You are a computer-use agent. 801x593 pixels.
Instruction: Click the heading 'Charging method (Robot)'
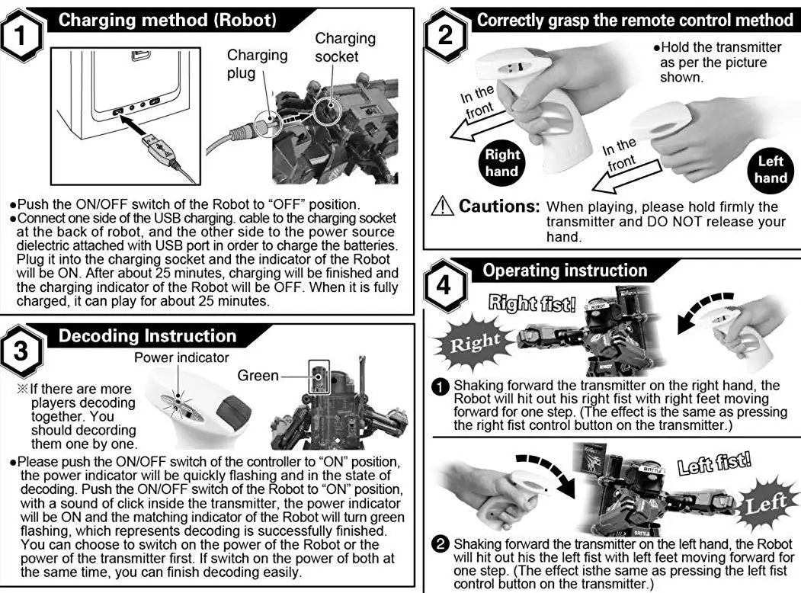click(x=167, y=20)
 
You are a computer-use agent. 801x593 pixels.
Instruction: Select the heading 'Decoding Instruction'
click(x=148, y=336)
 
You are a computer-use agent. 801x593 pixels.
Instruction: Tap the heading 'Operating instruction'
click(x=565, y=271)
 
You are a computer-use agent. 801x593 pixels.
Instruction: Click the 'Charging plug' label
click(x=257, y=64)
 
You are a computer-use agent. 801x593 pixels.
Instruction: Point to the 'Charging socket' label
click(x=345, y=47)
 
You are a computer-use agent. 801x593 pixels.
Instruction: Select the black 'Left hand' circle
click(x=771, y=169)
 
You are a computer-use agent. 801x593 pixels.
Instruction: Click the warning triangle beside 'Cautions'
click(x=440, y=207)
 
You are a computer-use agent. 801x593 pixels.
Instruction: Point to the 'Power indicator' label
click(x=181, y=357)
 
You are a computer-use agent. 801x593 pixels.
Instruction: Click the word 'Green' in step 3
click(x=258, y=375)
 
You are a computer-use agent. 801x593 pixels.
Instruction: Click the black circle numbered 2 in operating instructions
click(x=441, y=545)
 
